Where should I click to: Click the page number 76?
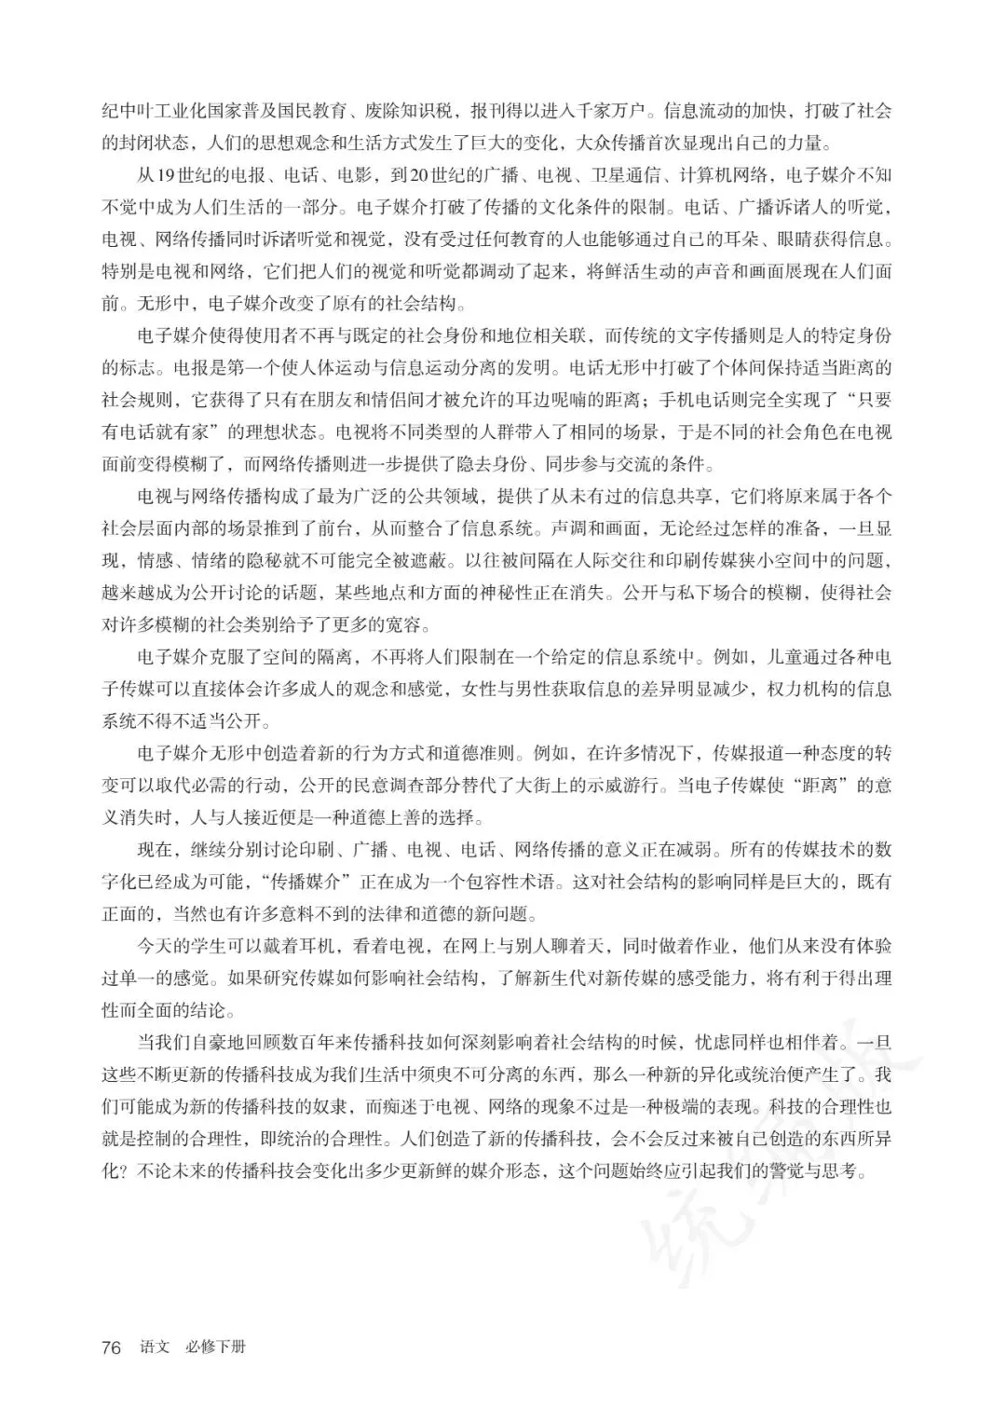point(112,1348)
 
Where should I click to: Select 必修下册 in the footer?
point(214,1348)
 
